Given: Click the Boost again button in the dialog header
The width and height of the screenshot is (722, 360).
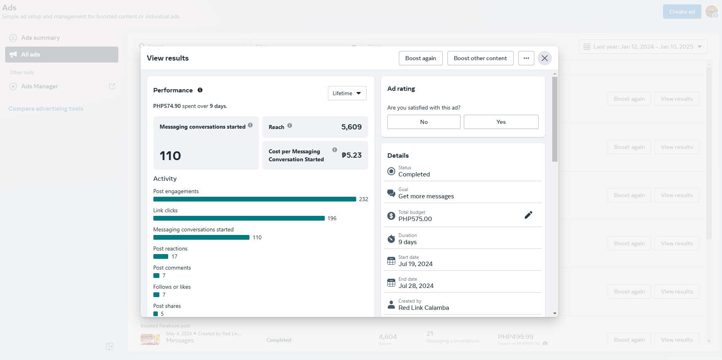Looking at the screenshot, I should tap(420, 58).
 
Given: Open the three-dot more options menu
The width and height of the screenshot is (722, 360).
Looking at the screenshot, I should tap(526, 58).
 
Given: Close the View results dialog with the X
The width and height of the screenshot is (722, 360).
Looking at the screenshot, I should tap(544, 58).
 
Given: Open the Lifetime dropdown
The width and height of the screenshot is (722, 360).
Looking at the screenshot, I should tap(347, 93).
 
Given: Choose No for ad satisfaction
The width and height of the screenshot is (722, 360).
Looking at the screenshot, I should tap(424, 122).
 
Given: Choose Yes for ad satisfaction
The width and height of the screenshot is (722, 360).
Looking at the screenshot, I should tap(501, 122).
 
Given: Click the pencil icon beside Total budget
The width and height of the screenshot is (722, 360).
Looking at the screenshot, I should tap(528, 215).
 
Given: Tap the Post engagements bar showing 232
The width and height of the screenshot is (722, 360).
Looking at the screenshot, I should tap(254, 199).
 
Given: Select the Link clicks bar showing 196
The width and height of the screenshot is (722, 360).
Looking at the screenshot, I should tap(239, 218).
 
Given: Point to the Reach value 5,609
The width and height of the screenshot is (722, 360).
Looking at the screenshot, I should tap(351, 127).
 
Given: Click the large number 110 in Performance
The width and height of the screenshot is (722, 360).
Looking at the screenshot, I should tap(170, 156).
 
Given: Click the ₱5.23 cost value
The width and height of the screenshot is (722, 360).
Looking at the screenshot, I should tap(351, 155).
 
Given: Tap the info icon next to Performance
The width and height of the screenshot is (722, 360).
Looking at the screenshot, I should tap(200, 90).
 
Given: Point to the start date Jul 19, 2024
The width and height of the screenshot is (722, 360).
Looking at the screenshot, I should tap(415, 264).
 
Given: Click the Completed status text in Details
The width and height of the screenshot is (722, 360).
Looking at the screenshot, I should tap(414, 174).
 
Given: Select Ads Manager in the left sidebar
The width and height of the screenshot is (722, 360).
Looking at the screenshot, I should tap(39, 86).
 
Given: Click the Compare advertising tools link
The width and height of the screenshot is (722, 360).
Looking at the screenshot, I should tap(46, 109).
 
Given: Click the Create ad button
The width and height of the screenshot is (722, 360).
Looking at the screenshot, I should tap(682, 12).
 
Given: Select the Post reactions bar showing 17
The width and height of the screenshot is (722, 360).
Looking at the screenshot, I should tap(161, 256).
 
